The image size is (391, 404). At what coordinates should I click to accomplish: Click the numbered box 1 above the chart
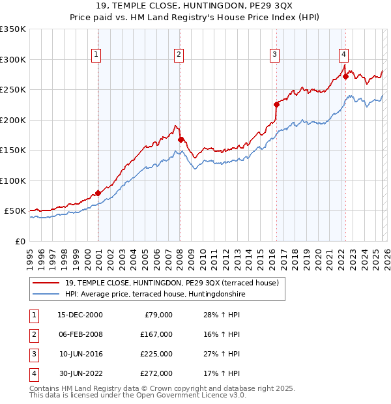[x=96, y=55]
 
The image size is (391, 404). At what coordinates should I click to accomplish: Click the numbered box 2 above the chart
[x=178, y=55]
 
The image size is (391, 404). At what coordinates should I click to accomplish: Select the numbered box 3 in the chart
[x=275, y=55]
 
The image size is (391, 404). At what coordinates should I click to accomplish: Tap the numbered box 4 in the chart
[x=343, y=55]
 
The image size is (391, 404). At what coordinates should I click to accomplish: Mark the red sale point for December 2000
[x=98, y=193]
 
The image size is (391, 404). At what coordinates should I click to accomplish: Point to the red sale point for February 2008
[x=181, y=139]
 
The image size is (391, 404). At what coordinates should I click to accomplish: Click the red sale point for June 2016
[x=276, y=104]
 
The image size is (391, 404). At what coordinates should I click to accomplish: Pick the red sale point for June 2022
[x=346, y=76]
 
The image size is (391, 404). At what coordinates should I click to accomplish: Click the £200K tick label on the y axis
[x=13, y=120]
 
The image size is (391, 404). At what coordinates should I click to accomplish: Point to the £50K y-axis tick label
[x=16, y=211]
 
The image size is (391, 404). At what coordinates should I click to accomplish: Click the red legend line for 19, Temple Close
[x=46, y=283]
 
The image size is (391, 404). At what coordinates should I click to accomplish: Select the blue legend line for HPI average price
[x=46, y=294]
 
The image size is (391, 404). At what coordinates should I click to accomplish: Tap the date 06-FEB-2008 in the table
[x=80, y=334]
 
